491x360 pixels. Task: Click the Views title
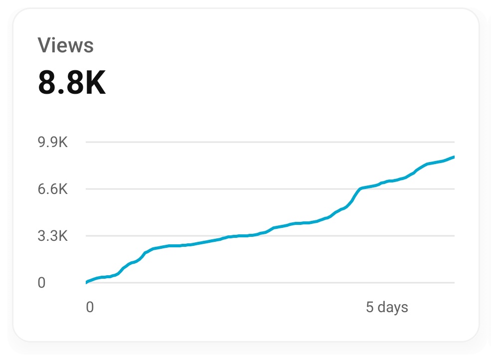65,45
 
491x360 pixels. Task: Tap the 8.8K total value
72,83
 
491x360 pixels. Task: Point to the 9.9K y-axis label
52,143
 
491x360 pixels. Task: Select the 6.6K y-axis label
52,189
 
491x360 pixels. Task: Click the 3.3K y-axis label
52,236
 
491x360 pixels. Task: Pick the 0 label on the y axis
41,283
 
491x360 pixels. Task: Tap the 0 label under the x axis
90,307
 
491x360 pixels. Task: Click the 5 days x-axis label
387,307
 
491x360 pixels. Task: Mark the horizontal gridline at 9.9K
269,143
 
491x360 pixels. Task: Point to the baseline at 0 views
269,283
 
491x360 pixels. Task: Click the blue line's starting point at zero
87,282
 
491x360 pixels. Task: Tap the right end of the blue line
453,157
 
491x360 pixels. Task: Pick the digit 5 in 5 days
369,307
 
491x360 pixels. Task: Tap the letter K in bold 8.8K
95,83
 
